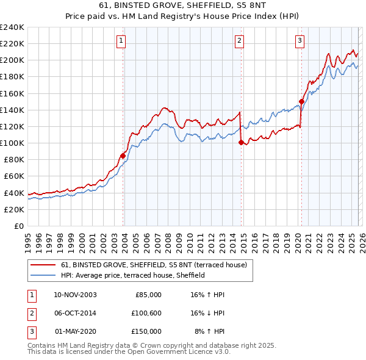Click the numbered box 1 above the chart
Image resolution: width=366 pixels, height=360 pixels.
tap(121, 41)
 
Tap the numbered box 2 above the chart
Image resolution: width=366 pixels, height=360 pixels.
tap(239, 41)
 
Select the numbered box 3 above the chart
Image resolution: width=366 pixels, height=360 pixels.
tap(300, 41)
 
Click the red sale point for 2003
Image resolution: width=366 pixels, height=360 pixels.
tap(123, 156)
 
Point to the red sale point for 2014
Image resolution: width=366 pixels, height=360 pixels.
tap(241, 143)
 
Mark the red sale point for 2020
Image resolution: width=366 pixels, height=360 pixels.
tap(301, 102)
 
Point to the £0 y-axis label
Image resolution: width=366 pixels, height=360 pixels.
tap(18, 226)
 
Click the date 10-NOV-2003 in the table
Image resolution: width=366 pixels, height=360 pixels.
tap(75, 295)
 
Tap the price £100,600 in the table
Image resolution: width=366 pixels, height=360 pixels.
tap(146, 313)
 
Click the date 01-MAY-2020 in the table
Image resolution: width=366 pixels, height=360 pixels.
tap(75, 331)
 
